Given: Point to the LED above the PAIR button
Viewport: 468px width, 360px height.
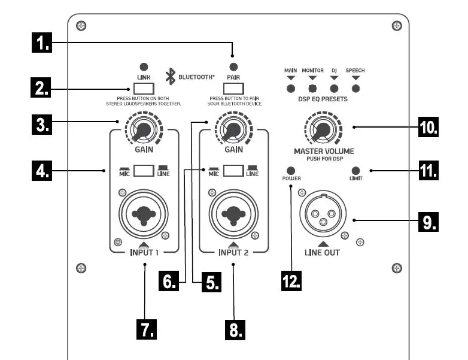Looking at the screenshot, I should [234, 66].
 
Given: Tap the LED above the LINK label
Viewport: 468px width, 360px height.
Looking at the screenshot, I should [144, 66].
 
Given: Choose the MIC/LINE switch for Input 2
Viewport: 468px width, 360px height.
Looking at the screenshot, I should [233, 171].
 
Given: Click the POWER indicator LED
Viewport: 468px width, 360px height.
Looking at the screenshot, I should [292, 170].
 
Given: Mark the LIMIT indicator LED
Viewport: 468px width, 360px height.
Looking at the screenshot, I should [355, 170].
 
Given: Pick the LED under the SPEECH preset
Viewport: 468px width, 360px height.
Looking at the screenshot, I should [355, 89].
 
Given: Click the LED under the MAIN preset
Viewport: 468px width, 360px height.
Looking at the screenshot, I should [291, 89].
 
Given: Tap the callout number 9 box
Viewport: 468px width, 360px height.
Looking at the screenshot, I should [427, 221].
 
